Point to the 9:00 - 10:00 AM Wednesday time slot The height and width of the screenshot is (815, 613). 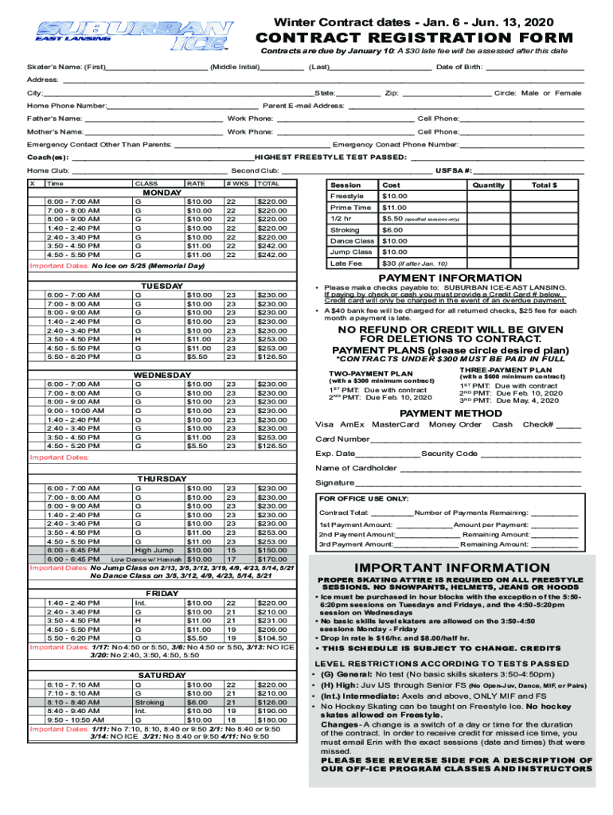(x=75, y=411)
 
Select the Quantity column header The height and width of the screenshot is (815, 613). (x=488, y=185)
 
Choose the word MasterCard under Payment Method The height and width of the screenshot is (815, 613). (x=395, y=424)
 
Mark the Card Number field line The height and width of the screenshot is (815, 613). (x=474, y=439)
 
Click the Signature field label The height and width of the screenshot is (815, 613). (x=334, y=482)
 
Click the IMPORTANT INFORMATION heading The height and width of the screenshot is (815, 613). (x=452, y=567)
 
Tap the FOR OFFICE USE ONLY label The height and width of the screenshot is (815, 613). (x=352, y=498)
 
